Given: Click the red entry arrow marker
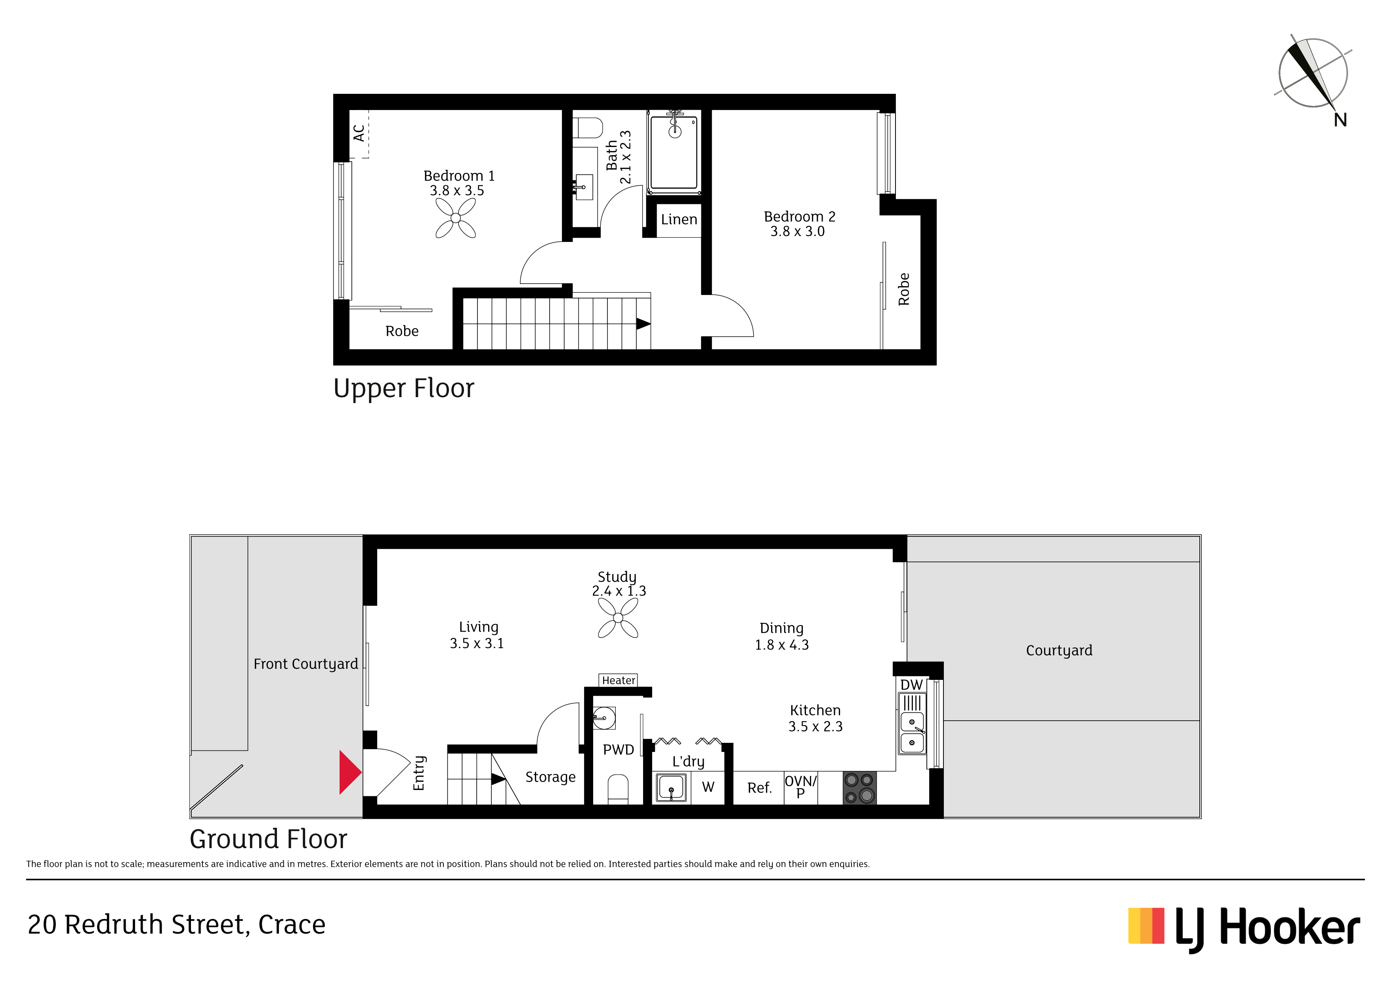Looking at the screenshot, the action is tap(350, 772).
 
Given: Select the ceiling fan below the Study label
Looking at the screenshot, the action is tap(618, 618).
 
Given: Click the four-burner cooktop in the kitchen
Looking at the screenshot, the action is tap(860, 788).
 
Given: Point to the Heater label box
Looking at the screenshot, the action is tap(618, 680).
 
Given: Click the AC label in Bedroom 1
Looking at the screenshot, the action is tap(359, 133).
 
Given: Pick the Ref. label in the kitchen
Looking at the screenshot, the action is tap(759, 788).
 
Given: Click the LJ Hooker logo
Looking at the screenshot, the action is tap(1244, 929).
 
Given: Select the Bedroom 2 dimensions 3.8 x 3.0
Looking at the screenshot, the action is tap(797, 231).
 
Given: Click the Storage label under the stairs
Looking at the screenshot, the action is tap(550, 777).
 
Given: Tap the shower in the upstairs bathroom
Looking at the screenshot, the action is tap(674, 152).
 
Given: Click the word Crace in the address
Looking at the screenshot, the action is tap(292, 925).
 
